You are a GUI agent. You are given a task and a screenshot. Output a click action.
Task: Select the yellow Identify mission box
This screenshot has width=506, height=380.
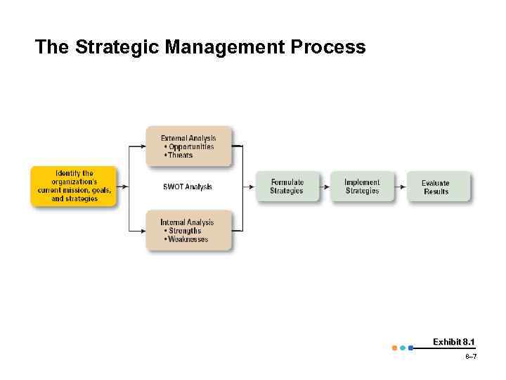click(74, 186)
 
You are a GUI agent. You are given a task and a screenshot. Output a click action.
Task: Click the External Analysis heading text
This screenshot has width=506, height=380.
click(188, 138)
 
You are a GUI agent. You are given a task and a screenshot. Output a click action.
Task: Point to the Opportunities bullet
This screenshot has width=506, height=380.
click(188, 146)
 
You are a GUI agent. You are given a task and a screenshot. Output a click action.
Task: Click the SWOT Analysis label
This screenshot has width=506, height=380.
click(187, 186)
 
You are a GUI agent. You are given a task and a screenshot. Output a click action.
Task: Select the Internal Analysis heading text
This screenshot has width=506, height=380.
click(187, 222)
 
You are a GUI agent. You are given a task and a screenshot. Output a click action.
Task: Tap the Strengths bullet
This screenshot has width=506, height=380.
click(182, 231)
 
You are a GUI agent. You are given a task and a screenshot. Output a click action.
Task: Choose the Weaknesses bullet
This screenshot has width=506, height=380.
click(186, 239)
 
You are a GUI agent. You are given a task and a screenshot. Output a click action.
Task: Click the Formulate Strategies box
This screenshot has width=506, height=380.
click(287, 186)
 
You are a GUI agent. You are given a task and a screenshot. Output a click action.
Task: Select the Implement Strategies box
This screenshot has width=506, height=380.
click(362, 186)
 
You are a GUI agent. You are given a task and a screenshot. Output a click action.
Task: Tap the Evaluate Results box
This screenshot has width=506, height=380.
click(436, 187)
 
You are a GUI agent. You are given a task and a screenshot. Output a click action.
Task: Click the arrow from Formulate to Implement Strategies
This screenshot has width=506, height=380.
click(325, 186)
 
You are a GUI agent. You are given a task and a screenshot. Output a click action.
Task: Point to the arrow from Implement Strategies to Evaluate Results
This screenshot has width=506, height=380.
click(400, 186)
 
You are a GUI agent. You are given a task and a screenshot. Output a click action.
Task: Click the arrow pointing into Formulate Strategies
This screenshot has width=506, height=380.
click(249, 186)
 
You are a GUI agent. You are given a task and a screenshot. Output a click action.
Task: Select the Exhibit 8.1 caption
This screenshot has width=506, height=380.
click(453, 342)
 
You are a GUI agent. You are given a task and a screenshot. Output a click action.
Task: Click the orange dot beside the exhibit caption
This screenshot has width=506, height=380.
click(394, 348)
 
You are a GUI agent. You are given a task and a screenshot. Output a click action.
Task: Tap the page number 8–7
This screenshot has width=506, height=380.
click(470, 357)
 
